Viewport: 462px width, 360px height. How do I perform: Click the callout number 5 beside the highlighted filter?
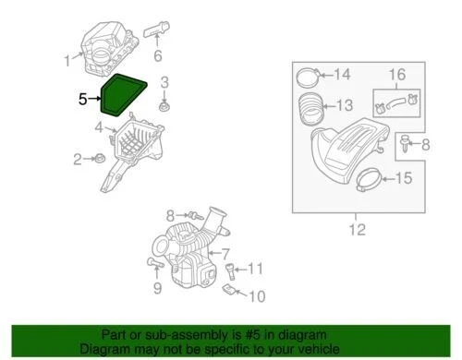click(82, 97)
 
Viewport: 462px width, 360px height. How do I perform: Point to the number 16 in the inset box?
click(395, 74)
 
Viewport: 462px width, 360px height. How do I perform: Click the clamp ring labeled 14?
click(310, 73)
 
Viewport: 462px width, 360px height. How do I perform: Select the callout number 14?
click(342, 75)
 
